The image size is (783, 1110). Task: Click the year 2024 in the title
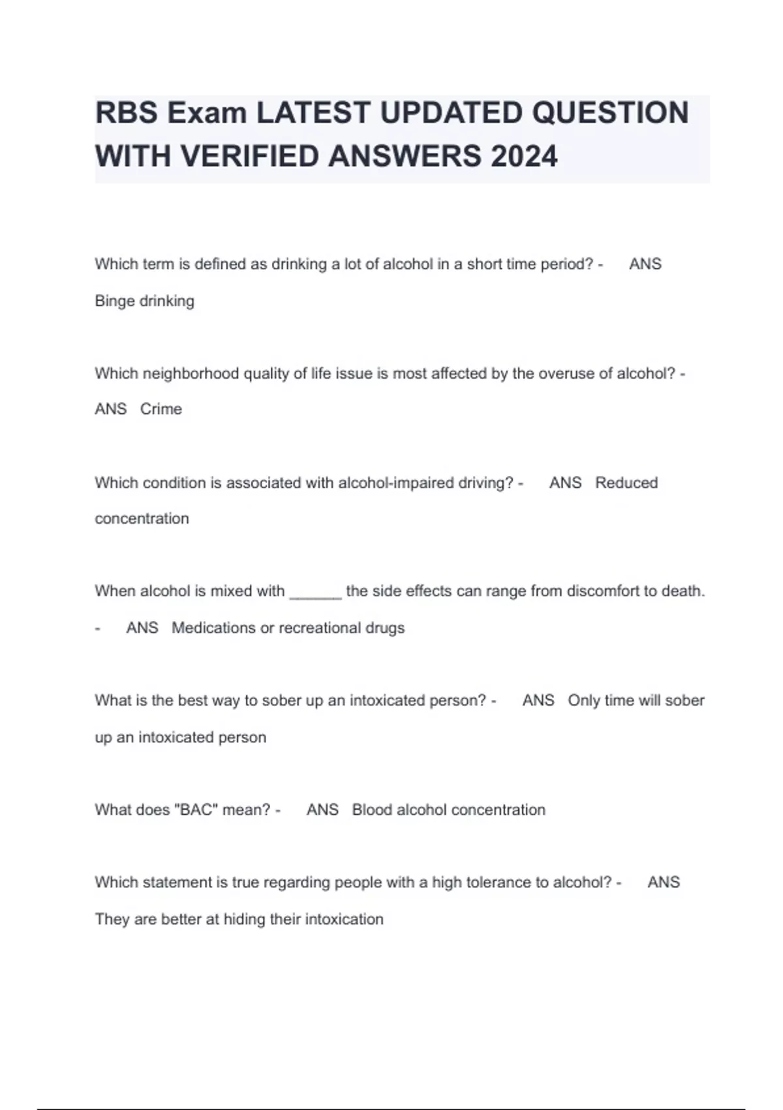click(x=524, y=157)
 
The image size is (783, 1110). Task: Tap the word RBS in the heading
click(x=126, y=113)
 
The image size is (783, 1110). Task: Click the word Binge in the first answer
click(x=115, y=301)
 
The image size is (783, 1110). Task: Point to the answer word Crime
click(x=161, y=409)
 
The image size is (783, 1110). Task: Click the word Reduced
click(x=626, y=483)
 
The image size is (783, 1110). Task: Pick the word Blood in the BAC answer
click(x=372, y=810)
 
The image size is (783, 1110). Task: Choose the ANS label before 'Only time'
click(x=538, y=701)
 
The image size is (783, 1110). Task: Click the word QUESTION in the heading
click(x=611, y=113)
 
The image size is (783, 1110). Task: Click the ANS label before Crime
click(x=111, y=409)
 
